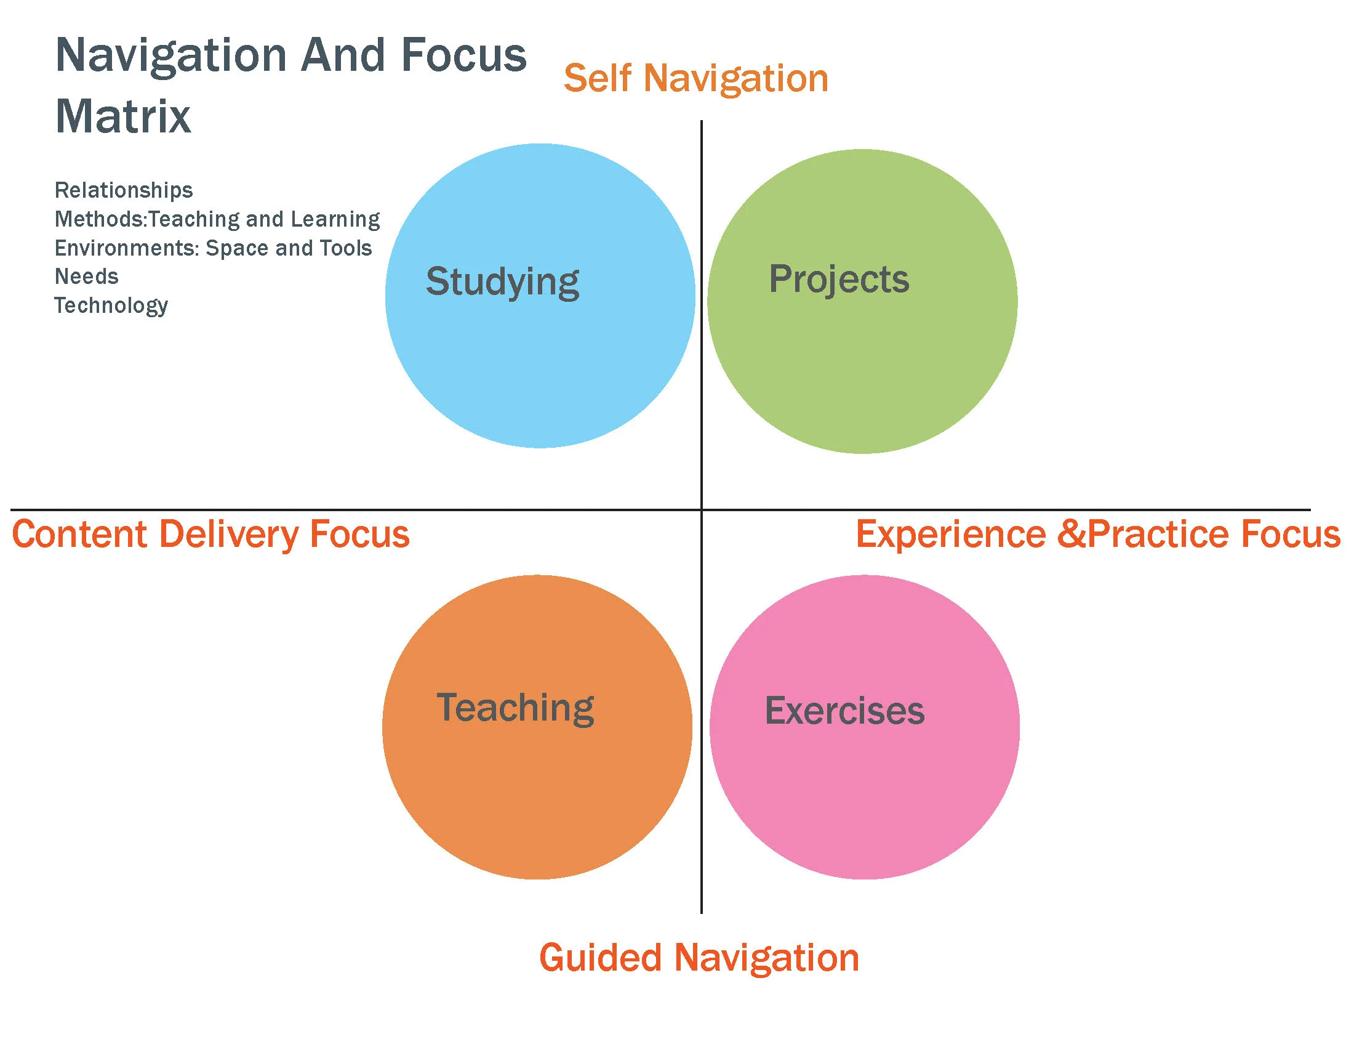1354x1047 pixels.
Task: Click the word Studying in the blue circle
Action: [502, 282]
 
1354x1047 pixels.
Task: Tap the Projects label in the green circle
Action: [839, 279]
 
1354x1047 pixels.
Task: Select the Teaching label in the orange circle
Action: [515, 708]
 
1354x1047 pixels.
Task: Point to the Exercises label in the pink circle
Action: [844, 711]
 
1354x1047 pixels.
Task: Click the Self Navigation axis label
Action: [695, 79]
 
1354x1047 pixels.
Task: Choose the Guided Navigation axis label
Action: [699, 958]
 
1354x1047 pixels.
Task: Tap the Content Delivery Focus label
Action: [210, 534]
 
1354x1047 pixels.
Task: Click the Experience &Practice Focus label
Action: [1097, 534]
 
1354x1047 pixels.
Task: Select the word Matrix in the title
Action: [123, 116]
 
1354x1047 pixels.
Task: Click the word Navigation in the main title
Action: [170, 56]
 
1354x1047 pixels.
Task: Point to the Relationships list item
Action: [123, 190]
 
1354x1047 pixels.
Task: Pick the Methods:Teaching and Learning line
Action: [217, 219]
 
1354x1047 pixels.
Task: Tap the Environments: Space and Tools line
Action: [214, 248]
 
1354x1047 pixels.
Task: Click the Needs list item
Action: [86, 276]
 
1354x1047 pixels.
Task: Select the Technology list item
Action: [111, 305]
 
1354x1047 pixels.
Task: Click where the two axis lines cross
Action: [701, 510]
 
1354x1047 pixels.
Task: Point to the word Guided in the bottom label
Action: [600, 958]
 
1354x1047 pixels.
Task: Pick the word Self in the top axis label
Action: [598, 79]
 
